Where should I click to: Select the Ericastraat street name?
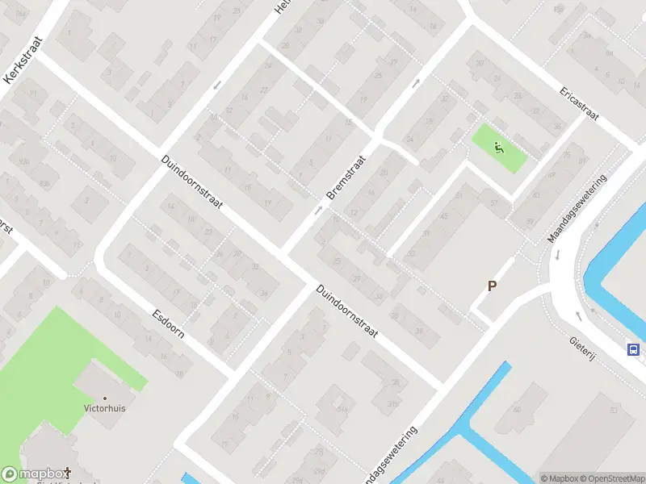[578, 103]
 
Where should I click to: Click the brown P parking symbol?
[492, 286]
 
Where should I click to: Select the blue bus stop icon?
[634, 349]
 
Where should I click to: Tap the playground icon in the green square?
[498, 147]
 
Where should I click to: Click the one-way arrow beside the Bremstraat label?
[318, 210]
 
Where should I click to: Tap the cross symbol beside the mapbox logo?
[68, 472]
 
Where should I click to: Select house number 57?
[492, 202]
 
